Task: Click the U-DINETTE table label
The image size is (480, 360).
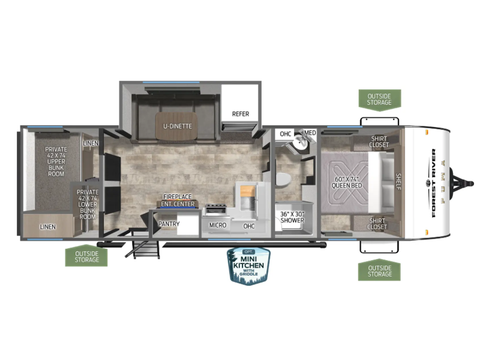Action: [178, 126]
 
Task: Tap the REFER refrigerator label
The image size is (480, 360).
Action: [241, 114]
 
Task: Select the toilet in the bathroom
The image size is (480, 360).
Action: [283, 179]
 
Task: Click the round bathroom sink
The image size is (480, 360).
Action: [298, 142]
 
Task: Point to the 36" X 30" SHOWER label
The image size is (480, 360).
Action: [292, 217]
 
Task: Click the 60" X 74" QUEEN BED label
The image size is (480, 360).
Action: [347, 182]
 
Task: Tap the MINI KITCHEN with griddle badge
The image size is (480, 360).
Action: [248, 266]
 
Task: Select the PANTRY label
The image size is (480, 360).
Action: [169, 224]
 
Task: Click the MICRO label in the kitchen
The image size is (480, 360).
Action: [218, 226]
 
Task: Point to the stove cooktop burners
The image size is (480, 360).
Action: [215, 206]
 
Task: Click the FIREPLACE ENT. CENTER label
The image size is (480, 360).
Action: [178, 200]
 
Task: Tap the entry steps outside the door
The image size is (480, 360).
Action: [143, 249]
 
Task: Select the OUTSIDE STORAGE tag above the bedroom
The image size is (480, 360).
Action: [380, 100]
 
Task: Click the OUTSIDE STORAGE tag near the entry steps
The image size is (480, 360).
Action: [86, 256]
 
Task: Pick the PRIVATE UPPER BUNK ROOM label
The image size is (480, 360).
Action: [56, 161]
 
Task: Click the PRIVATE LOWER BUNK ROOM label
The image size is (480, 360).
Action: [88, 204]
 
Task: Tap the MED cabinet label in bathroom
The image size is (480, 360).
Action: [310, 133]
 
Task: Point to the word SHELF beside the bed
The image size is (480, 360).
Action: [398, 182]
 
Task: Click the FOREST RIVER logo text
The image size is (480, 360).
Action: [433, 183]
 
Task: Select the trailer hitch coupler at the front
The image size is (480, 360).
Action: [463, 184]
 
